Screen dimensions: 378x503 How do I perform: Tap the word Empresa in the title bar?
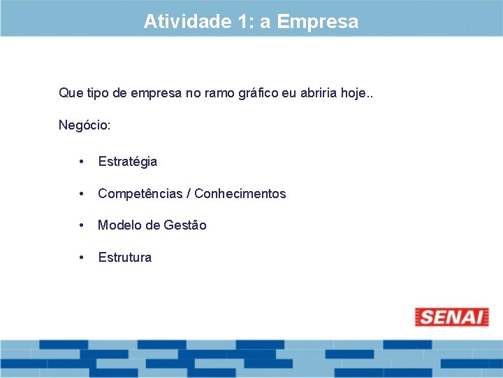click(x=318, y=22)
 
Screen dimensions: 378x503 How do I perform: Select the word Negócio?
click(x=84, y=125)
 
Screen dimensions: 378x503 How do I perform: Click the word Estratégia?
click(x=128, y=162)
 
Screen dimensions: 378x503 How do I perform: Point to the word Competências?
click(x=143, y=194)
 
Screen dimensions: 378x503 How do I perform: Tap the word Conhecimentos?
click(x=240, y=194)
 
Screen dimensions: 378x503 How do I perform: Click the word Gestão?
click(x=185, y=225)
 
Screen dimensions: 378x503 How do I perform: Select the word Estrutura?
click(x=125, y=258)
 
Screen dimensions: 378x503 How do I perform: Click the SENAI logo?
click(x=451, y=317)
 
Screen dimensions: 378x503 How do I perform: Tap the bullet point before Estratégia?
click(x=82, y=162)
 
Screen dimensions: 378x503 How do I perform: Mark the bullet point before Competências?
click(x=82, y=194)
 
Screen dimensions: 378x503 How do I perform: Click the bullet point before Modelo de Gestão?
click(x=82, y=225)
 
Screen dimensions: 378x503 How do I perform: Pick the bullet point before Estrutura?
click(x=82, y=258)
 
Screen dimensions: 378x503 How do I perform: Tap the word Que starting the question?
click(x=70, y=92)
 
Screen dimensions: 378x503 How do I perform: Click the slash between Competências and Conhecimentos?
click(x=191, y=194)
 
